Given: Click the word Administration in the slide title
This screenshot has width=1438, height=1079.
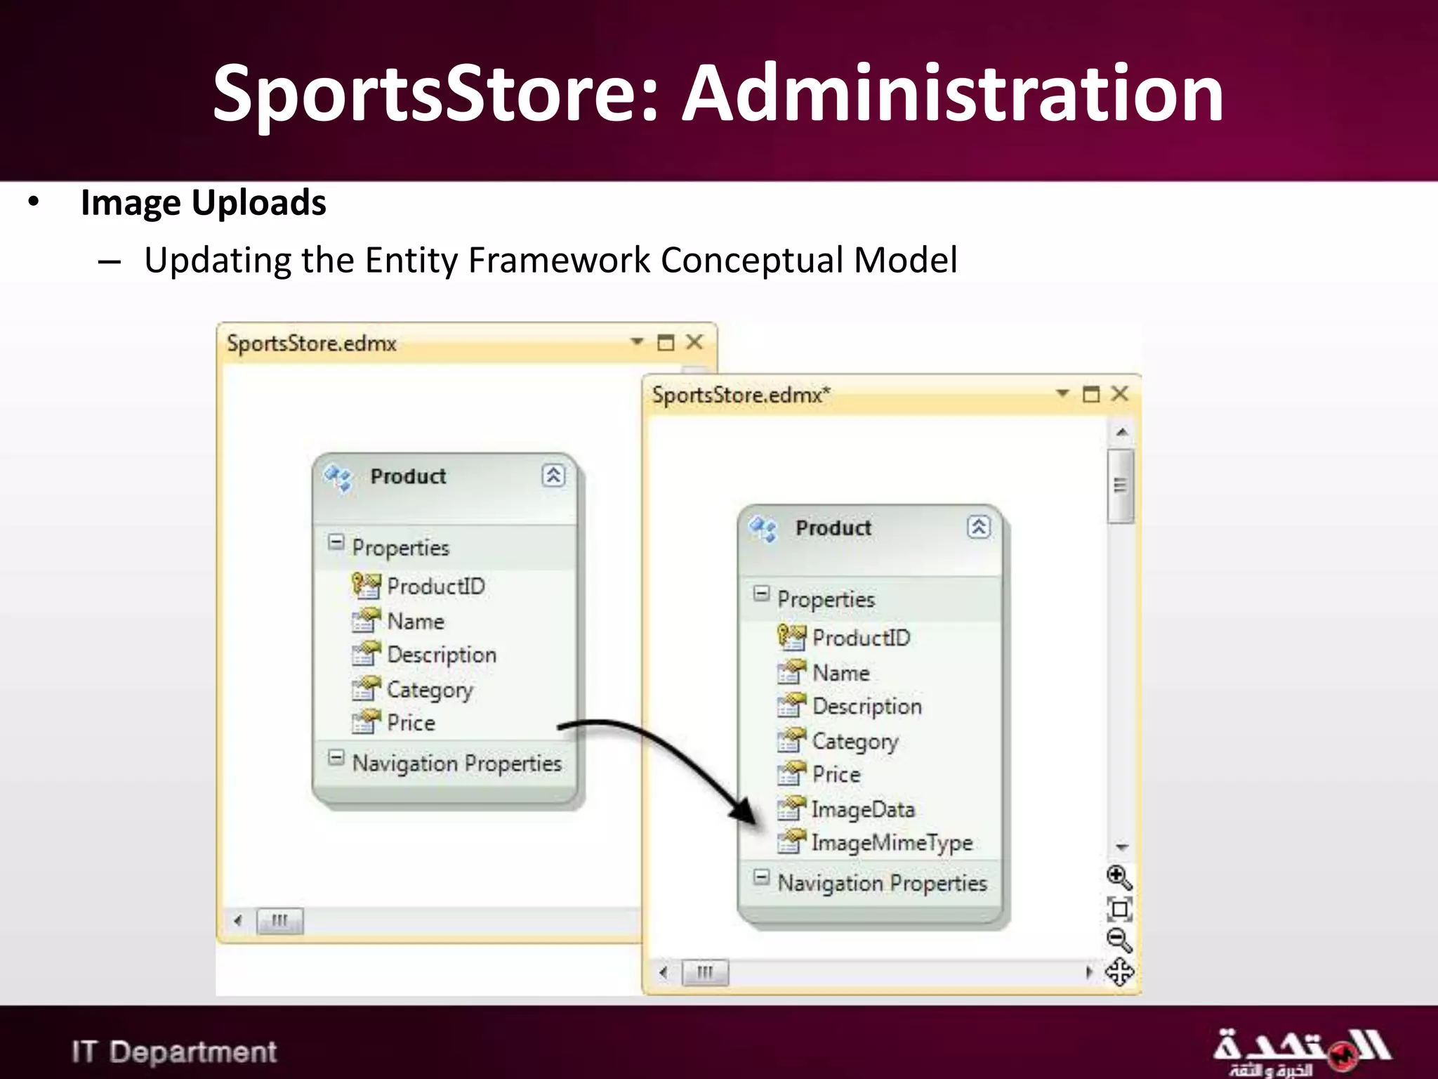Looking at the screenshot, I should point(953,93).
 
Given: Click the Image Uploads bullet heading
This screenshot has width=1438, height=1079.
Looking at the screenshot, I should point(203,203).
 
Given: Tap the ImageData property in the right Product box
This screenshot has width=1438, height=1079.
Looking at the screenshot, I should point(863,809).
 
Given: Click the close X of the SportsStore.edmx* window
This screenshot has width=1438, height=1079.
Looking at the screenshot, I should point(1120,393).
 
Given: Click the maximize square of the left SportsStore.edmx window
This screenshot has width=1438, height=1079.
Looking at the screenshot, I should point(666,342).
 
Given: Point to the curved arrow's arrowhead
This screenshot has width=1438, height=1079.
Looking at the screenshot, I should point(746,813).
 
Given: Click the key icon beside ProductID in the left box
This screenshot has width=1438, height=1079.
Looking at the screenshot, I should point(365,585).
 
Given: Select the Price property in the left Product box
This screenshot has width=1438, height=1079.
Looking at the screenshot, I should point(411,723).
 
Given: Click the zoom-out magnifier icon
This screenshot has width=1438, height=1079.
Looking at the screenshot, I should point(1119,940).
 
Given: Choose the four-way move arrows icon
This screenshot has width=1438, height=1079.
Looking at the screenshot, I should point(1119,972).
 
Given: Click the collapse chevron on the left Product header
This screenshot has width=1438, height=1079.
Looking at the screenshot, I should point(553,476).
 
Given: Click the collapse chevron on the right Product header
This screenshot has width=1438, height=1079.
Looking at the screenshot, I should point(979,527).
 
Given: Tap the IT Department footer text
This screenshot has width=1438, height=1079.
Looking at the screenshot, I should point(174,1052).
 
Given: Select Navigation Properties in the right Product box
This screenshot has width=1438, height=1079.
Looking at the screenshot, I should point(882,883).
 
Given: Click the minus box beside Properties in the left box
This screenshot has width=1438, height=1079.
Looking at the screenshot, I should point(336,542).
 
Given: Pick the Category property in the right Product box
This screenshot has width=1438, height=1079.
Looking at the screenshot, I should point(855,741).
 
